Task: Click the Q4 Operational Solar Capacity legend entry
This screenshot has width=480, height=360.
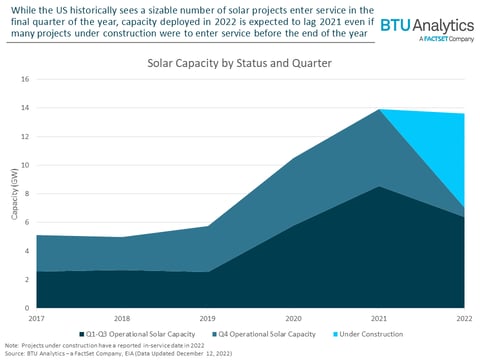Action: pos(267,333)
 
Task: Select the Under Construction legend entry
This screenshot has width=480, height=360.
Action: pos(371,333)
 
